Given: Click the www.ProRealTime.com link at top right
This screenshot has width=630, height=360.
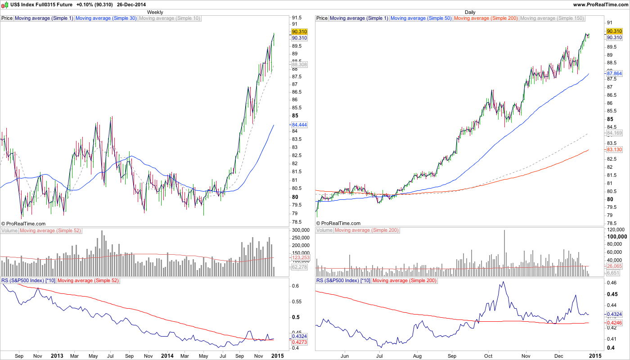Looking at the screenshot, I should (x=600, y=4).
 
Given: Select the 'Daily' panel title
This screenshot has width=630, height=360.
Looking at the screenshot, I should (x=470, y=12).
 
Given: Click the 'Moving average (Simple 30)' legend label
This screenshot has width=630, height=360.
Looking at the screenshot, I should (x=106, y=18).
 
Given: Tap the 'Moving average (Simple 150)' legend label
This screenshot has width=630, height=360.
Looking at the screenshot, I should (x=552, y=18).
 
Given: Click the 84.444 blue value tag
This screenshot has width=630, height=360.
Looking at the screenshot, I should (x=299, y=125).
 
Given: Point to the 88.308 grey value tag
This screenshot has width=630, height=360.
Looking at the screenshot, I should (x=299, y=64).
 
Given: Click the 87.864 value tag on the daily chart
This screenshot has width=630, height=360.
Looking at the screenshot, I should (x=614, y=73).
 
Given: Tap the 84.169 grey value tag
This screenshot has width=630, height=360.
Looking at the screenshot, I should (x=614, y=133).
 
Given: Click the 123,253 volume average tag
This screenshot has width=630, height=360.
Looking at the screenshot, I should (x=299, y=257).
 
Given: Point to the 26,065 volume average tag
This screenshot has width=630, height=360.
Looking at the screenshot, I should (x=614, y=266).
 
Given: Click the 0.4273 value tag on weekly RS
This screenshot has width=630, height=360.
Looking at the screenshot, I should (x=299, y=342).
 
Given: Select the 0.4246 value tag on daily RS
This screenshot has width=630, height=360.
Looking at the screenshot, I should (x=614, y=323).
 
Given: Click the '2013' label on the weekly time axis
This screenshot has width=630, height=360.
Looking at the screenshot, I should (x=57, y=355).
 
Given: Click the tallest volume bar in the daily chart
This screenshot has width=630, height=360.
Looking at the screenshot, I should (x=504, y=250).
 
